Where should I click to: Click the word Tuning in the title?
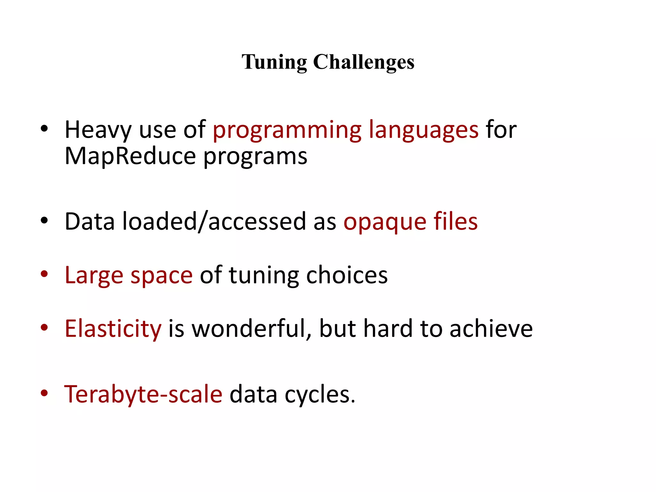tap(274, 62)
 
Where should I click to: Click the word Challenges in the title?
tap(364, 62)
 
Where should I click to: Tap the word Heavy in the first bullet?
tap(98, 130)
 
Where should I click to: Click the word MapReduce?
tap(130, 156)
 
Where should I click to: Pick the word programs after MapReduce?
tap(255, 157)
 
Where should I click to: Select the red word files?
tap(455, 222)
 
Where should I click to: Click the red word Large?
tap(94, 275)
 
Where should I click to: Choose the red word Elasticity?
tap(113, 329)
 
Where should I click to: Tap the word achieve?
tap(491, 329)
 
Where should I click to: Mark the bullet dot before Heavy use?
tap(44, 129)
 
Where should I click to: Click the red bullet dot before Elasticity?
tap(44, 328)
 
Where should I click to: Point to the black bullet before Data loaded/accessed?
tap(44, 221)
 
